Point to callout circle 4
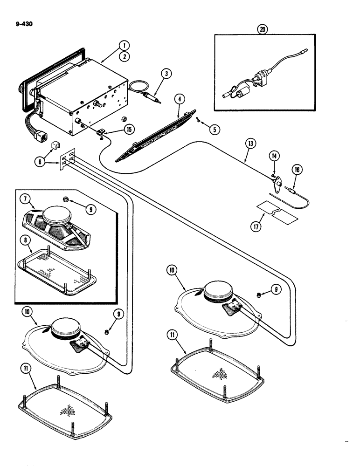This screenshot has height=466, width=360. coord(178,99)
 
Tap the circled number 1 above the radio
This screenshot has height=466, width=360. coord(124,45)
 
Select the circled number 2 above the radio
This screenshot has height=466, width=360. coord(124,57)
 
